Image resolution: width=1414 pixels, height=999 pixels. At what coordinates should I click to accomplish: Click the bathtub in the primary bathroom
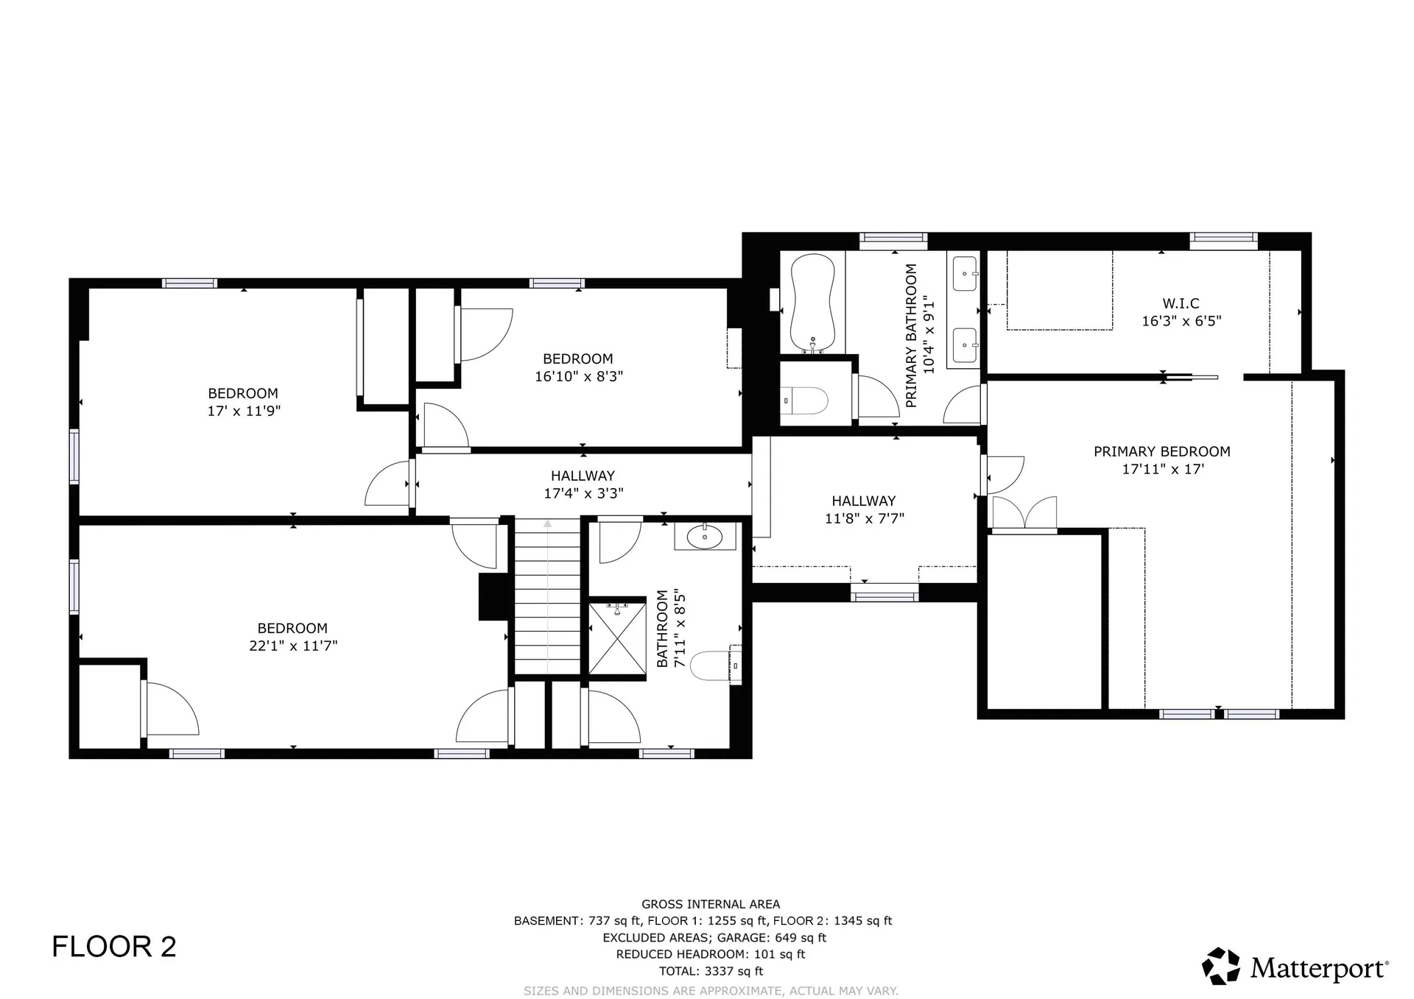click(x=812, y=303)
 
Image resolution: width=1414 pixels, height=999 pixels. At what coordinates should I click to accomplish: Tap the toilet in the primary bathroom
click(x=804, y=400)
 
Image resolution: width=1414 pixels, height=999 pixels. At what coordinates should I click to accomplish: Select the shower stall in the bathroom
click(x=617, y=638)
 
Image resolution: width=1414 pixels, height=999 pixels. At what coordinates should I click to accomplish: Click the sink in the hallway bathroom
click(x=705, y=537)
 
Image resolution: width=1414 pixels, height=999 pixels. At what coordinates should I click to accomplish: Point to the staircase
click(x=547, y=596)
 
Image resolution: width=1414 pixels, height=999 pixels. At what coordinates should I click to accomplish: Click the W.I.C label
click(x=1181, y=303)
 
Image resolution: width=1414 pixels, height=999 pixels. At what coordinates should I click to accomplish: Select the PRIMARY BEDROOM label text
click(x=1161, y=451)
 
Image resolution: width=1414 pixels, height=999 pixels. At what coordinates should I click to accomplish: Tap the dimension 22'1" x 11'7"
click(x=293, y=646)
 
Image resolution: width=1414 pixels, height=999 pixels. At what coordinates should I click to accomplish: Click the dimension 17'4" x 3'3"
click(x=583, y=493)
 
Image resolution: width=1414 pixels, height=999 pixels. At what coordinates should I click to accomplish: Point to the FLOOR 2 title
click(x=114, y=947)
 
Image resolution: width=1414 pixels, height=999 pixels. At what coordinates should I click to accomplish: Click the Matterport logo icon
click(x=1221, y=966)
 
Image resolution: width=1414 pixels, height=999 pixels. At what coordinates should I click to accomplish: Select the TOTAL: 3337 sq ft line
click(x=711, y=971)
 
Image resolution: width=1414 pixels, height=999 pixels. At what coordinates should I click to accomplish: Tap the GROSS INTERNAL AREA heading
click(x=711, y=904)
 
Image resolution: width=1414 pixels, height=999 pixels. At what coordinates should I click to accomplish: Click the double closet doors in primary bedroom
click(x=1024, y=513)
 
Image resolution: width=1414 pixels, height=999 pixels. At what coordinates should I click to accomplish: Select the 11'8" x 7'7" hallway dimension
click(x=864, y=518)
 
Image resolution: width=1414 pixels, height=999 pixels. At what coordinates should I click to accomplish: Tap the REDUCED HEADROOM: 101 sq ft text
click(x=711, y=954)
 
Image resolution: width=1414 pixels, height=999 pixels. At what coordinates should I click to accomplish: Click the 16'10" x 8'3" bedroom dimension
click(x=579, y=376)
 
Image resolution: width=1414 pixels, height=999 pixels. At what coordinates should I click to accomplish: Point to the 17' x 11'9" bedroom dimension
click(x=244, y=411)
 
